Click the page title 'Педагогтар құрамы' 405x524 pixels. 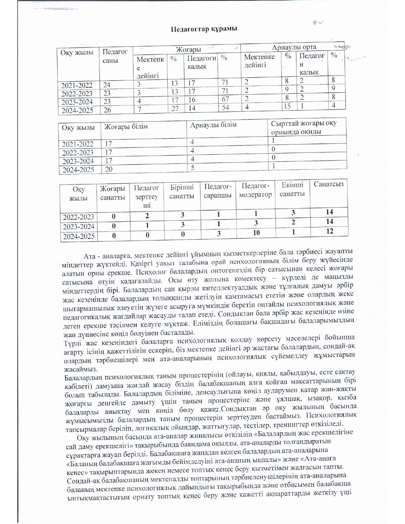click(204, 29)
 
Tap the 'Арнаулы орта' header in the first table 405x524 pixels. click(294, 47)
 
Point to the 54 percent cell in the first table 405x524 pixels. click(225, 107)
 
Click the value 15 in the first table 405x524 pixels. click(287, 106)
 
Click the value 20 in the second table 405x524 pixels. click(109, 169)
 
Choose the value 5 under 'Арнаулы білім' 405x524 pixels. click(192, 167)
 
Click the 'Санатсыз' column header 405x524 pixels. click(328, 184)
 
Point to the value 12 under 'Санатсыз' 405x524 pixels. click(330, 231)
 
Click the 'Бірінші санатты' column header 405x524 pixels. click(182, 191)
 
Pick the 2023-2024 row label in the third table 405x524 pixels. click(78, 227)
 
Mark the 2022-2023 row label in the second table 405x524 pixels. click(78, 152)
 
